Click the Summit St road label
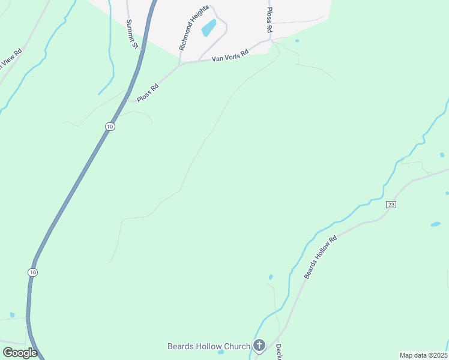point(132,34)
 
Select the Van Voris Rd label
point(229,55)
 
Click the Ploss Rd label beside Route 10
point(147,93)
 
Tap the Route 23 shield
point(391,205)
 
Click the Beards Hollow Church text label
point(208,346)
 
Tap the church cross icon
point(259,346)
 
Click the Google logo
point(20,353)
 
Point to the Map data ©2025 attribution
point(423,355)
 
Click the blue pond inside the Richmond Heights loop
point(209,28)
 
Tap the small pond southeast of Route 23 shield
point(435,224)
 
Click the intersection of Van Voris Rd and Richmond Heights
point(180,62)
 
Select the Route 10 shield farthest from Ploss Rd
point(32,272)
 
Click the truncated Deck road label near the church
point(279,351)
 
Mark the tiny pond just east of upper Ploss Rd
point(297,41)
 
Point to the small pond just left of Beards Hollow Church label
point(221,352)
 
